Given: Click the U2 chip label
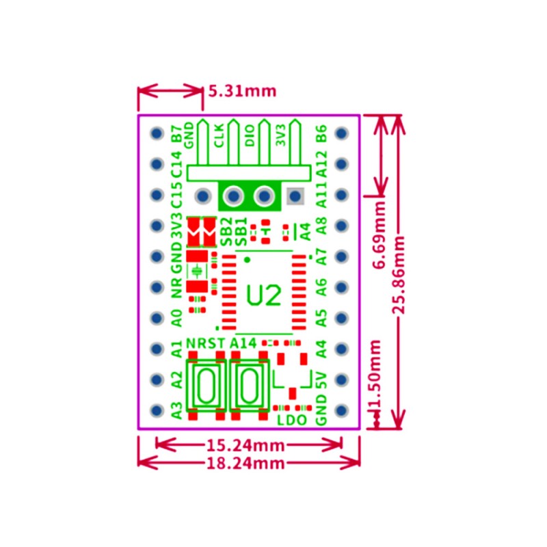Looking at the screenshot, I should click(264, 295).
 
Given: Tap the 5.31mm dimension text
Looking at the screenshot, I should click(238, 91).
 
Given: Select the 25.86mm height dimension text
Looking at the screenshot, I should click(400, 274).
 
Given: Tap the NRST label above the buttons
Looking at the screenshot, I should click(205, 343).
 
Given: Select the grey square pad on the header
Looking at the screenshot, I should click(295, 196).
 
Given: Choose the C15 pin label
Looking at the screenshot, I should click(176, 196).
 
